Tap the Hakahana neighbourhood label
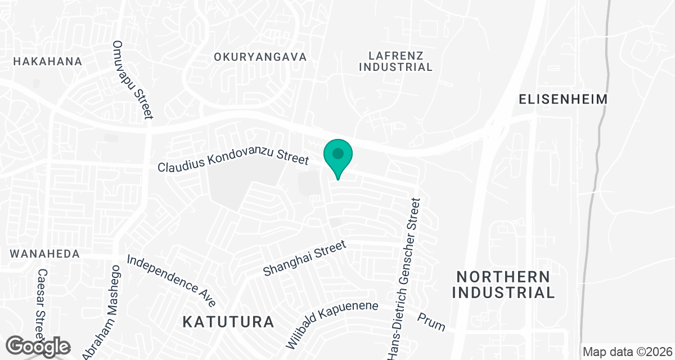coord(48,61)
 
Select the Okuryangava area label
coord(260,57)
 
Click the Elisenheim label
coord(563,100)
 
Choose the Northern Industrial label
coord(505,285)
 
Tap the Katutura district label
coord(229,322)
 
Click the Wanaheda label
coord(44,254)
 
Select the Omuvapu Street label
coord(133,79)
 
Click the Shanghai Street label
coord(303,259)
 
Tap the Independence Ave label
coord(172,281)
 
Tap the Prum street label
coord(431,322)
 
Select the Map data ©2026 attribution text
coord(627,352)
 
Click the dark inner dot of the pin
coord(337,153)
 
